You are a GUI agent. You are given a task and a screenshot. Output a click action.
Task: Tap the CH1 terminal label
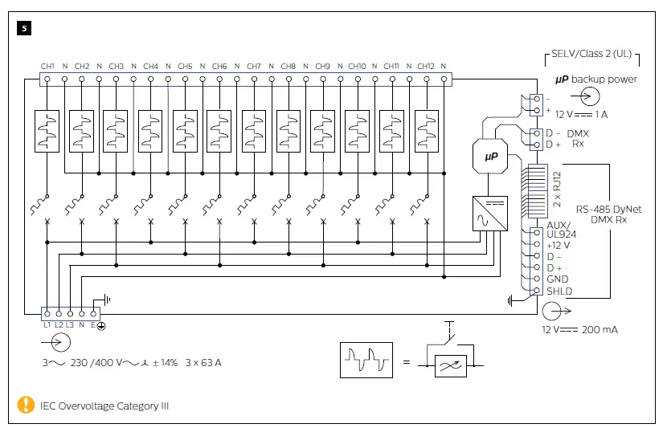[47, 66]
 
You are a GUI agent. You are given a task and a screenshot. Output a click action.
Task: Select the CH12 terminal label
[426, 66]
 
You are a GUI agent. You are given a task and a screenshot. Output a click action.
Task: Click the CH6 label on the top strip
[219, 66]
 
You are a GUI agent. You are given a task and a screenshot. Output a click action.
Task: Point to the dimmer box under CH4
[150, 130]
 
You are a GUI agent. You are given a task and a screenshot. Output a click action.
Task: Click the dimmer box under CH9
[323, 130]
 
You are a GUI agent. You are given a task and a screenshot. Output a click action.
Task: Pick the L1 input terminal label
[47, 324]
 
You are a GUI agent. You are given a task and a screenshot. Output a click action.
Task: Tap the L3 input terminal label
[71, 324]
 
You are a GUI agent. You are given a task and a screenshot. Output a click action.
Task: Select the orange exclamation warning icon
[27, 406]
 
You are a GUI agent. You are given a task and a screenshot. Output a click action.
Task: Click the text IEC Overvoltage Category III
[104, 406]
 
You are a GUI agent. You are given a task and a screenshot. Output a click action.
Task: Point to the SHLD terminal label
[559, 291]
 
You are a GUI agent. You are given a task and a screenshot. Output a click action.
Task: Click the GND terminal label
[557, 279]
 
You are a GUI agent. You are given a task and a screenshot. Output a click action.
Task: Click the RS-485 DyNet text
[608, 209]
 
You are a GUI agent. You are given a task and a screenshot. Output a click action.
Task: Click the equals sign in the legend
[407, 362]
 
